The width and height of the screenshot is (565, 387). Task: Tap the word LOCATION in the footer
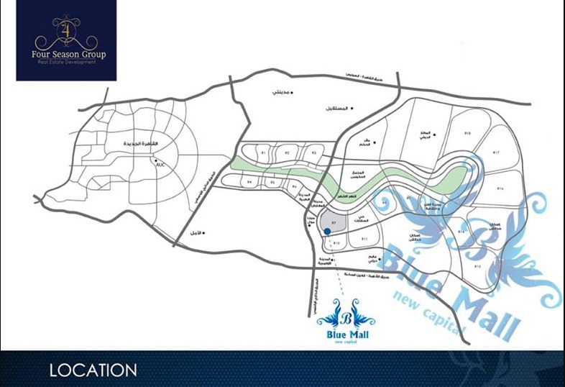93,370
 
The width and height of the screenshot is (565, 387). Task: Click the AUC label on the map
160,165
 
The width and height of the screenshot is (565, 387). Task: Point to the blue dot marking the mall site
327,231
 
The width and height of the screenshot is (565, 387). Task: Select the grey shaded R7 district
334,222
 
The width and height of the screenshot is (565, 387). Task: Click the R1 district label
263,153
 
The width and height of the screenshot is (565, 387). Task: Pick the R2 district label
287,153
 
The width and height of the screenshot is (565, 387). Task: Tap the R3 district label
313,153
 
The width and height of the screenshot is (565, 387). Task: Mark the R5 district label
273,184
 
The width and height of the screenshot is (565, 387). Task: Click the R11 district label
365,239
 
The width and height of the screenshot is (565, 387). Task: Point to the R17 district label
496,152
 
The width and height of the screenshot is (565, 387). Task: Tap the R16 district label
500,188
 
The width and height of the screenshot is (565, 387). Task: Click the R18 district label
467,134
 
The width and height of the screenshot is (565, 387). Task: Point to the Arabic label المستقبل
337,109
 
